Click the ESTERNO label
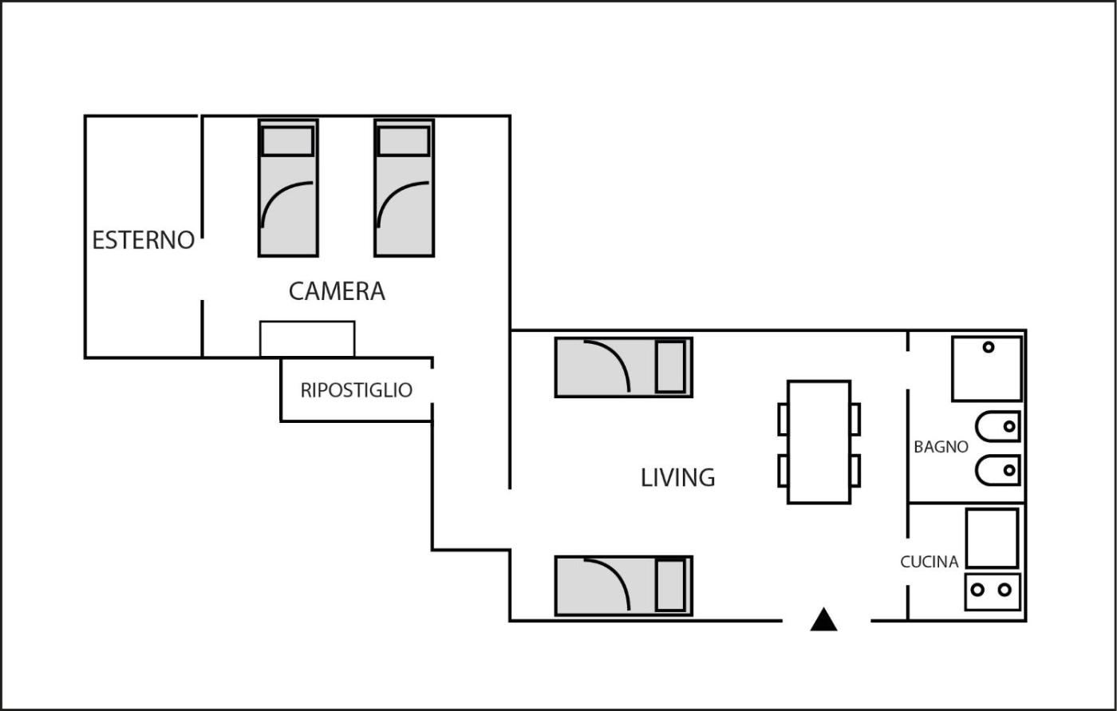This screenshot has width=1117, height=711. coord(143,240)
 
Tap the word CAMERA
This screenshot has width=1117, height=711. coord(337,292)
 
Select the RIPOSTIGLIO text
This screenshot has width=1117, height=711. coord(357,390)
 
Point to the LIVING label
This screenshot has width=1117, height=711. coord(677,478)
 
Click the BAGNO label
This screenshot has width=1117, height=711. coord(941,447)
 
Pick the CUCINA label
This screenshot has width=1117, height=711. coord(930,562)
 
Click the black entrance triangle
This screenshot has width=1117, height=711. coord(823,619)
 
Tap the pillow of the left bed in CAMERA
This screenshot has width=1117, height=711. coord(288,141)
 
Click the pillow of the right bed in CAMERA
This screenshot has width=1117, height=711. coord(404,141)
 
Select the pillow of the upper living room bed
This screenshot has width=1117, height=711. coord(671,367)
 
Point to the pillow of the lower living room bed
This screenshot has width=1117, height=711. coord(671,586)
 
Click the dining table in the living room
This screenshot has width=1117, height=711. coord(819,442)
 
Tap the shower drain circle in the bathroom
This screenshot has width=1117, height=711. coord(989,347)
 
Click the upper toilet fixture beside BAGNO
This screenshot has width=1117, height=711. coord(998,426)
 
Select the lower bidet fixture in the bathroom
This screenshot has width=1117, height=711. coord(998,470)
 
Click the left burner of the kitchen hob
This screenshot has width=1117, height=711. coord(977,590)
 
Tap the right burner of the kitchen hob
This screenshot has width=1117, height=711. coord(1005,590)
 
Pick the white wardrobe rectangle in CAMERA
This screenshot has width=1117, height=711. coord(307,339)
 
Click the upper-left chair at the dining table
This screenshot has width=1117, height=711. coord(783,419)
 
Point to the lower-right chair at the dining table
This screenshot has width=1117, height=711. coord(855,471)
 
